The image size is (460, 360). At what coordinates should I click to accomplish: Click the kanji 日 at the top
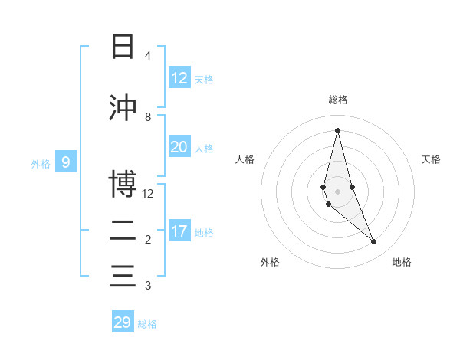(x=123, y=46)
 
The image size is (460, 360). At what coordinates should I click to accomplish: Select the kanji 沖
(x=123, y=107)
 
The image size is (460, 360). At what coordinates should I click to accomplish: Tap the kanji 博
(x=123, y=184)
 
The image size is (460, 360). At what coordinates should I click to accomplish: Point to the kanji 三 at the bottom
(x=123, y=276)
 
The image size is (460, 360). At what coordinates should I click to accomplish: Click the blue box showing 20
(x=179, y=146)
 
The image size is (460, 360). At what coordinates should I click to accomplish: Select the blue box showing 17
(x=179, y=230)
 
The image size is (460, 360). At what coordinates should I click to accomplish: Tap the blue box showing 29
(x=123, y=321)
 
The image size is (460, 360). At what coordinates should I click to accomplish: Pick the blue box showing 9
(x=66, y=162)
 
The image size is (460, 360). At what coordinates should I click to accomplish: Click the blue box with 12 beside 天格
(x=179, y=77)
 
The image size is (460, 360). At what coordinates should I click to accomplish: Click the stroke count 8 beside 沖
(x=148, y=117)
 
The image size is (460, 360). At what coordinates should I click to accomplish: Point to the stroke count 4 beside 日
(x=148, y=56)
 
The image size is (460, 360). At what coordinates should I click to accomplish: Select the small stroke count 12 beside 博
(x=147, y=194)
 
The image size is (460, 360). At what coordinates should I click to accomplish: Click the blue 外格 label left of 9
(x=41, y=164)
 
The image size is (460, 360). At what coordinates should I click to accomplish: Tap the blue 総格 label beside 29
(x=147, y=324)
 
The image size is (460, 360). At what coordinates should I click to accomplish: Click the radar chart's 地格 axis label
(x=402, y=262)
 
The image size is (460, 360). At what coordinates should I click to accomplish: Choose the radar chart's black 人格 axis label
(x=245, y=159)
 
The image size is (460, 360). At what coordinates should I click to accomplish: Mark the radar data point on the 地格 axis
(x=374, y=241)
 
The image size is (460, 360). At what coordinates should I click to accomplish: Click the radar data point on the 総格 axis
(x=337, y=130)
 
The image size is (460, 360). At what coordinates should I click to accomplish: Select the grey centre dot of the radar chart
(x=337, y=191)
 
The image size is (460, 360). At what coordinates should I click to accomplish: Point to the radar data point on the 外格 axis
(x=329, y=204)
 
